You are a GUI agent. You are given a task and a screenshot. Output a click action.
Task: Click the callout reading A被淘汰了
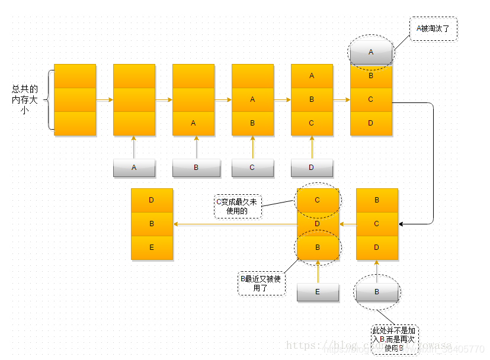pos(433,28)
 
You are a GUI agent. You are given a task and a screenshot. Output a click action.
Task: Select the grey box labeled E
pos(318,292)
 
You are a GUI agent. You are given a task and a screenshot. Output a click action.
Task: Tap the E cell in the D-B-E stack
pos(152,247)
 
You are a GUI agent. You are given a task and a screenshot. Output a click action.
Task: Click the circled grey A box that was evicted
pos(371,52)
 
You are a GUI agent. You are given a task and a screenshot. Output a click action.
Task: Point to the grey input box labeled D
pos(312,168)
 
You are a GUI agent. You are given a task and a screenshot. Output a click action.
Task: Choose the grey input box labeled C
pos(252,168)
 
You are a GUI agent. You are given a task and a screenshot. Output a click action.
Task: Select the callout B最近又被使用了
pos(261,284)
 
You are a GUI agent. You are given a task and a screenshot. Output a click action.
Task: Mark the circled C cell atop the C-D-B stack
pos(318,200)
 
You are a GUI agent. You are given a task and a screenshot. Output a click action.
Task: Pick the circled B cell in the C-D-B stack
pos(318,247)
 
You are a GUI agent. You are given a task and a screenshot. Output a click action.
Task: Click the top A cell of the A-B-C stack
pos(312,76)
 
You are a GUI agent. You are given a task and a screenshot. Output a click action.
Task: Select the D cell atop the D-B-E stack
pos(152,200)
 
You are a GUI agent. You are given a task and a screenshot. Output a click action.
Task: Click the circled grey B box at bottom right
pos(377,292)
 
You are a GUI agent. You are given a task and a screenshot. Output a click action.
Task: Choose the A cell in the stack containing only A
pos(193,123)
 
